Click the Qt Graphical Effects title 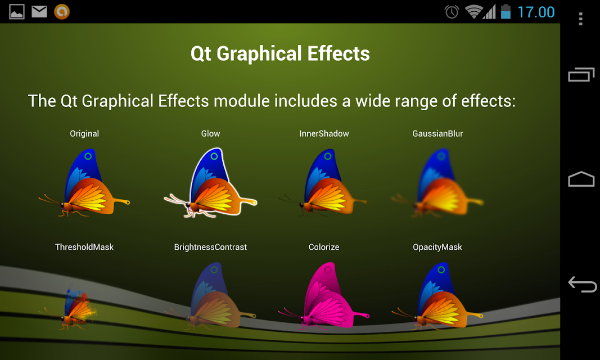[280, 53]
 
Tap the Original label [84, 133]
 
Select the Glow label [210, 133]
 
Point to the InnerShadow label [324, 133]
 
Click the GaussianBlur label [437, 133]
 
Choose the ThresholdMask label [84, 247]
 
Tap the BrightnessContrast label [210, 247]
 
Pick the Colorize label [324, 247]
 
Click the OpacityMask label [437, 247]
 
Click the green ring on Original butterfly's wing [88, 156]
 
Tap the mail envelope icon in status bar [39, 11]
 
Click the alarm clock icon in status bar [452, 12]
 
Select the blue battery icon [506, 11]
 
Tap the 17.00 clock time [536, 12]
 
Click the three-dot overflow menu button [580, 19]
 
